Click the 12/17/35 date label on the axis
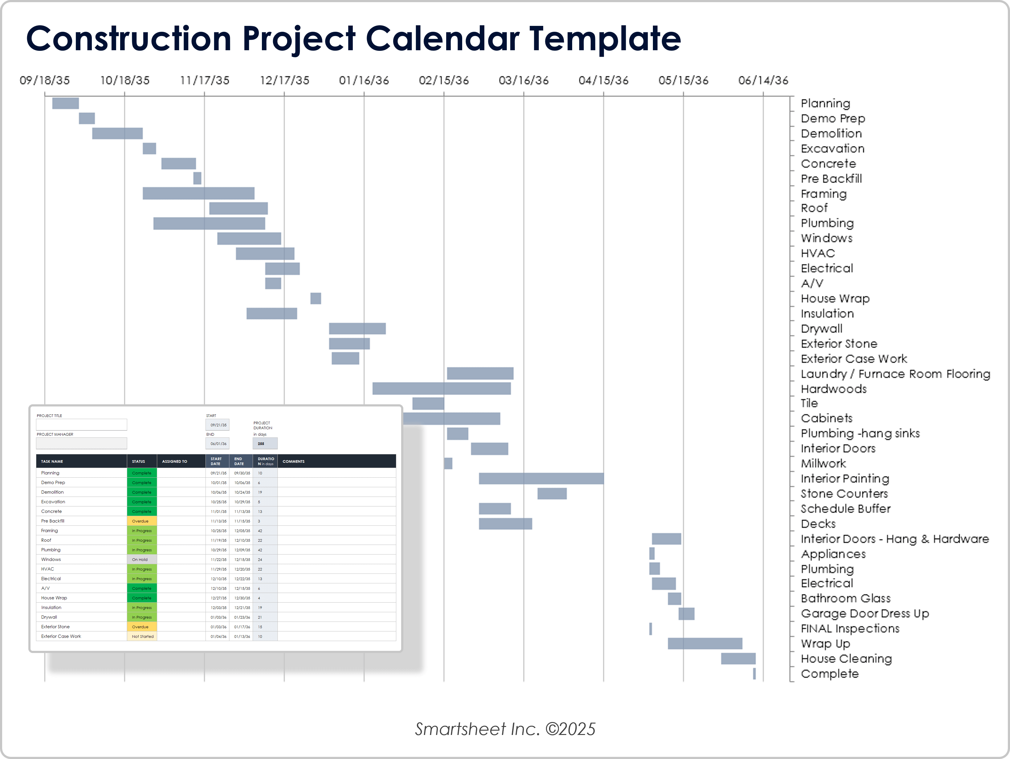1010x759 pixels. tap(284, 80)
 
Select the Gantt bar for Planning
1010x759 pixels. tap(65, 103)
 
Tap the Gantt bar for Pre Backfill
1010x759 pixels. tap(197, 178)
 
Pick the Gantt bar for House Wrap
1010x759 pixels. tap(316, 298)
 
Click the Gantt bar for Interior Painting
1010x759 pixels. tap(541, 478)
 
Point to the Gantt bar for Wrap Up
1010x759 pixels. tap(705, 643)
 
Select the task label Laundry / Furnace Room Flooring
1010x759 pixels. tap(895, 374)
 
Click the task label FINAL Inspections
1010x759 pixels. tap(850, 628)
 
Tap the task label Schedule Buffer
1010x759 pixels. tap(845, 509)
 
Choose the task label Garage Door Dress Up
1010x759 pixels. tap(864, 613)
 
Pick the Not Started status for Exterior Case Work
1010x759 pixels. tap(142, 636)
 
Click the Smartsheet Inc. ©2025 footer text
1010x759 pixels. tap(505, 729)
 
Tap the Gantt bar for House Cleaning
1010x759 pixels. tap(738, 659)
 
